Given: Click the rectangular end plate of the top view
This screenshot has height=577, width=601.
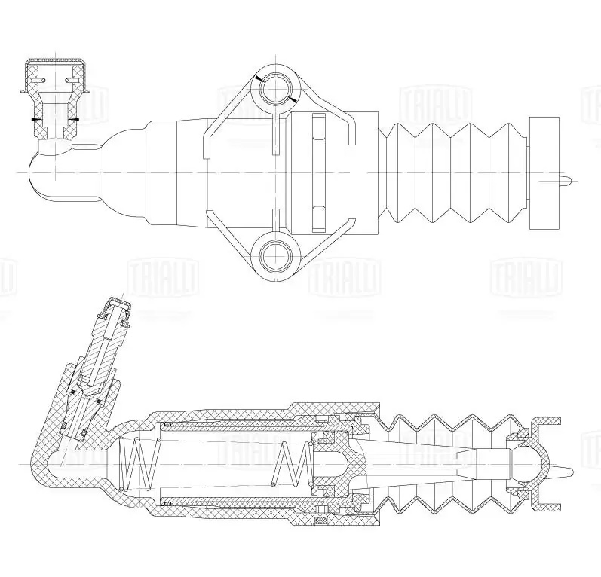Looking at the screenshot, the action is [x=543, y=173].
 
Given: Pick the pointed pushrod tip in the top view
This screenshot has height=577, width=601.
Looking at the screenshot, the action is [x=569, y=179].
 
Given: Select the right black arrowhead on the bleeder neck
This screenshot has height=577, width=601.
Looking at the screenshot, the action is [x=77, y=119].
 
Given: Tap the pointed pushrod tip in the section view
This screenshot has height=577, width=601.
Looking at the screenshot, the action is [x=567, y=471].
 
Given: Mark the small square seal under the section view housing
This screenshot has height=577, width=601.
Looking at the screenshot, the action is [x=320, y=519].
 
